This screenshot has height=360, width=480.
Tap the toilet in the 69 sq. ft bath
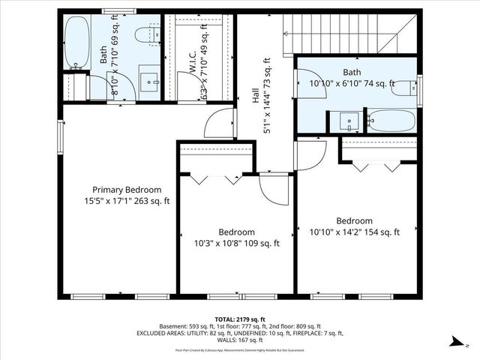click(x=147, y=34)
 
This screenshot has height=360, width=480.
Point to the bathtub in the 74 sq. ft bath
click(x=391, y=120)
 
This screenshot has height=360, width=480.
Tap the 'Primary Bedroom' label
click(x=127, y=190)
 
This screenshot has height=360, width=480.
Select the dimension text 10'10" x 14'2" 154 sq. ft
click(x=354, y=232)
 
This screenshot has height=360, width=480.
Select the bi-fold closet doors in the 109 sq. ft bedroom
click(x=214, y=178)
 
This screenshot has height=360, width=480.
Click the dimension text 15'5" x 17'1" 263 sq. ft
click(x=127, y=201)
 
